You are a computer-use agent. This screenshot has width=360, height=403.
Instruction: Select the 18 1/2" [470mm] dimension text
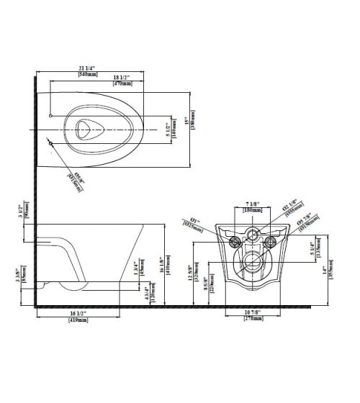122,81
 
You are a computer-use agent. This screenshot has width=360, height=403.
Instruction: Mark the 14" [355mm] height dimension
328,272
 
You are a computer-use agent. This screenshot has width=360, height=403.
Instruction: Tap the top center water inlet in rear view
253,233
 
